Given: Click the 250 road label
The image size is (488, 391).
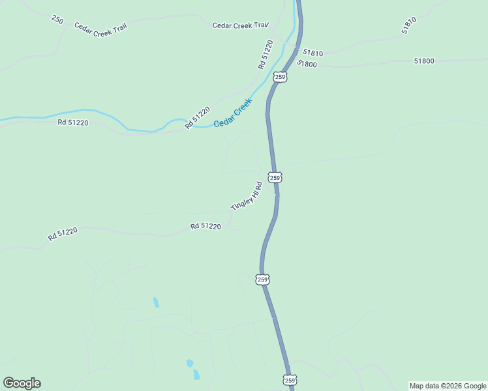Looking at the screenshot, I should tap(57, 20).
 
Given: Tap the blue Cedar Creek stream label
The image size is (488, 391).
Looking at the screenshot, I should tap(233, 112).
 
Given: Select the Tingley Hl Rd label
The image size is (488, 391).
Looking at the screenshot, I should tap(246, 195).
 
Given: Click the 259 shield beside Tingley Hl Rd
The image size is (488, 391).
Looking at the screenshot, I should tap(275, 177).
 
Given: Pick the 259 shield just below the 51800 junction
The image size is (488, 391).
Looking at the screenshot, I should tap(280, 77).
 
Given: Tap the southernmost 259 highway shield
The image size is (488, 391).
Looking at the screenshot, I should tap(290, 380).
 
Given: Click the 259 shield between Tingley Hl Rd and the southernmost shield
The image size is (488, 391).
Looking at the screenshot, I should tap(263, 280).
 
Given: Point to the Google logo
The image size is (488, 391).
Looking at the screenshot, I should tap(22, 383).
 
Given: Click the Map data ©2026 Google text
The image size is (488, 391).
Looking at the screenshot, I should tap(448, 386).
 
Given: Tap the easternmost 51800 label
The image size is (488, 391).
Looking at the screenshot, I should tap(423, 61).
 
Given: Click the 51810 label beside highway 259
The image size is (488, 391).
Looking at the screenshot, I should tap(313, 53).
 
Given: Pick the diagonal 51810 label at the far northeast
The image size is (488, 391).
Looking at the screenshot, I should tap(409, 25).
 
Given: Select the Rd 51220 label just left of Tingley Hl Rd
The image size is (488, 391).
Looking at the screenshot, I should tap(206, 226).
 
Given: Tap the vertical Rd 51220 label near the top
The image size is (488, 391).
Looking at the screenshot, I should tap(265, 55).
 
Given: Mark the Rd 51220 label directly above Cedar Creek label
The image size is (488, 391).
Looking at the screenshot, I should tap(197, 117).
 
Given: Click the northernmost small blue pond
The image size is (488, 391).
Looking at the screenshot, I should tap(156, 302).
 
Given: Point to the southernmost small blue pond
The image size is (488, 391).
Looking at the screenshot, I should tap(196, 374).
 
